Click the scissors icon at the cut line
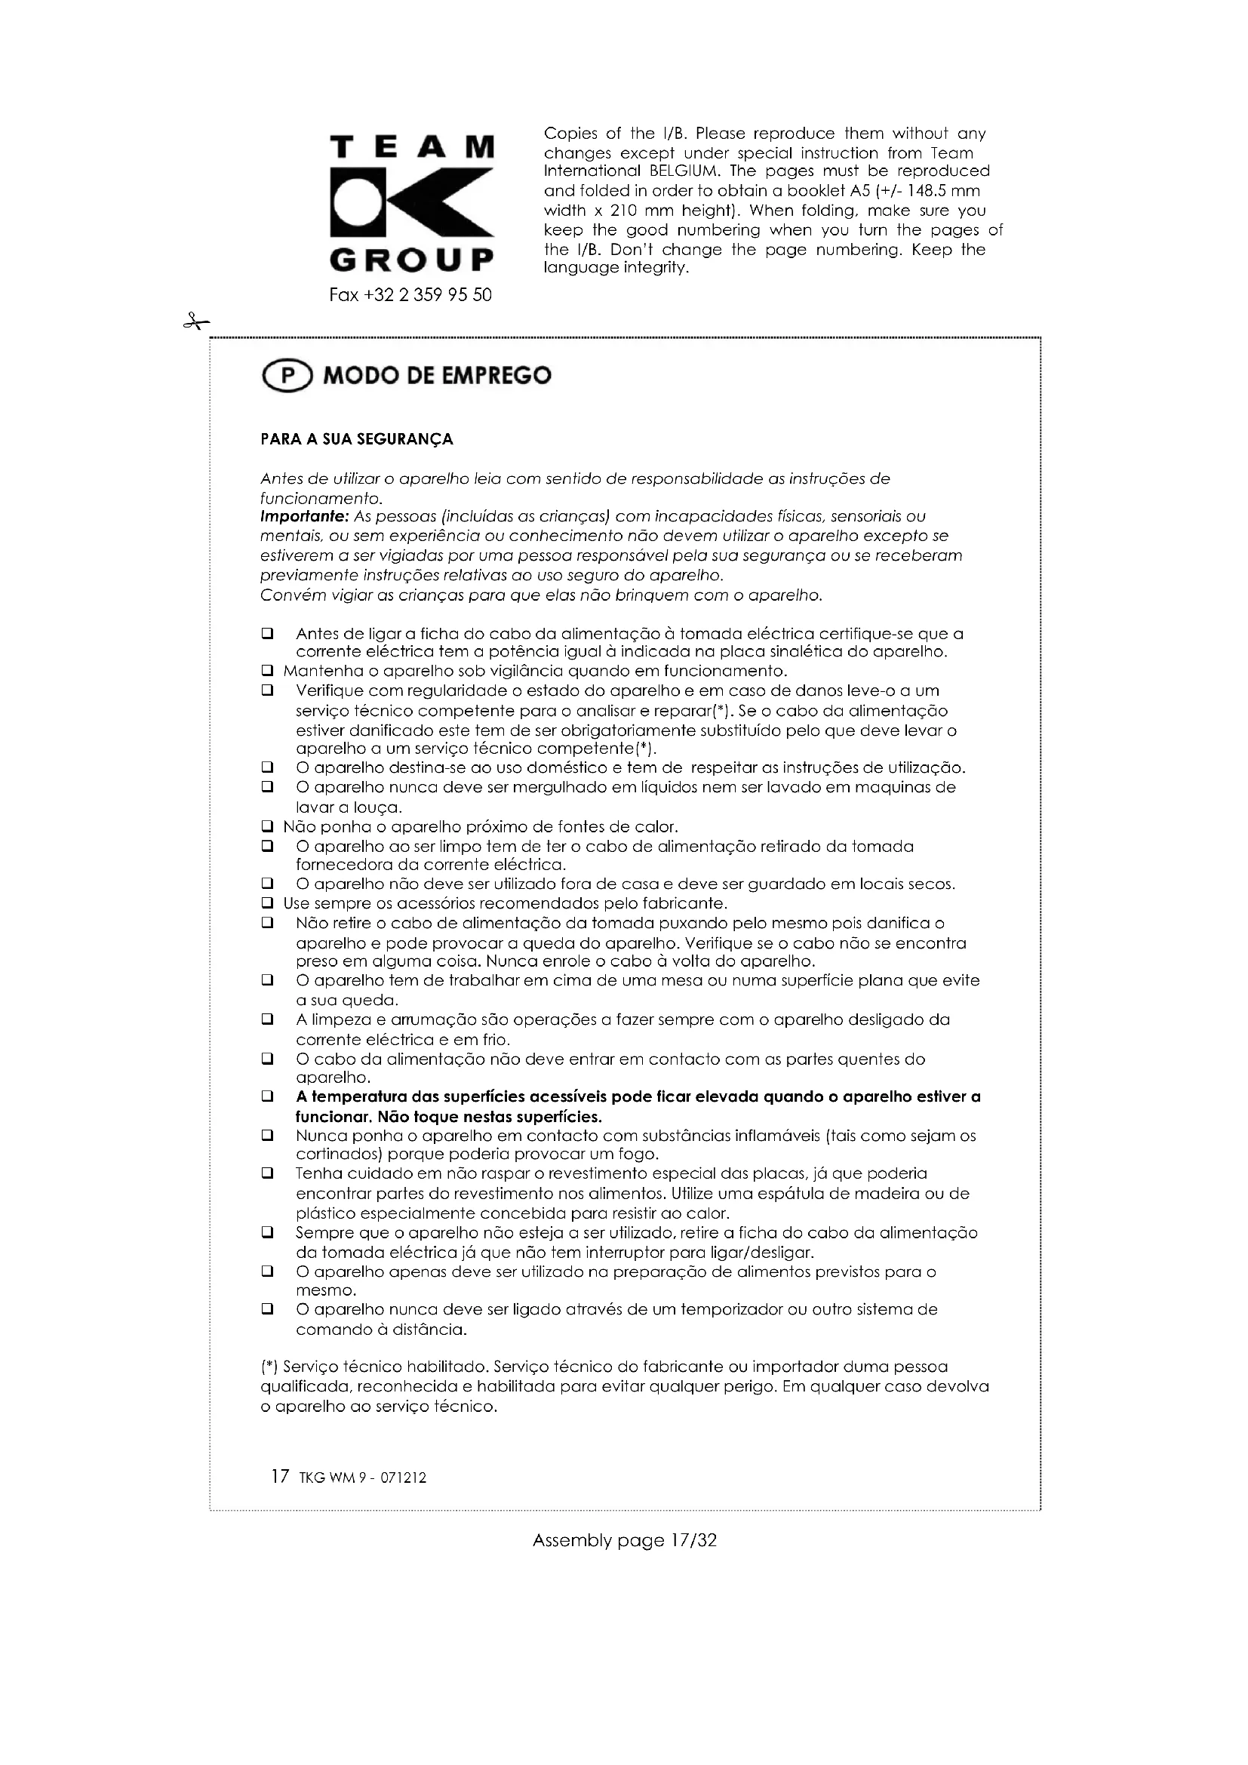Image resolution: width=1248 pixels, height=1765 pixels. [195, 322]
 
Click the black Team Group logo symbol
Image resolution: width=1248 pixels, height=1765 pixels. [411, 202]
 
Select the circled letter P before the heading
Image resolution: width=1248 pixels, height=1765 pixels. [287, 376]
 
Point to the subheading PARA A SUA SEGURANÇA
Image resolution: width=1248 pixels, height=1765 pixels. [357, 440]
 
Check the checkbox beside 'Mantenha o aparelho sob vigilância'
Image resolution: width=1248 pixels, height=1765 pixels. [267, 671]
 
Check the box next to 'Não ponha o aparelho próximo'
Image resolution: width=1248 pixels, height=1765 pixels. [267, 827]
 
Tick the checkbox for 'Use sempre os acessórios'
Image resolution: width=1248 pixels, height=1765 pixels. [267, 902]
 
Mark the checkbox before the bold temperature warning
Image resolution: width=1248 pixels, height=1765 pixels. [267, 1097]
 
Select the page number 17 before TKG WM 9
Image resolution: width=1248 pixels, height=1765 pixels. [280, 1477]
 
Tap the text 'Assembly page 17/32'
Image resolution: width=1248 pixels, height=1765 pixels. [624, 1541]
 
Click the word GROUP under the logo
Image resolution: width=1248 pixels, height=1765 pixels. [411, 260]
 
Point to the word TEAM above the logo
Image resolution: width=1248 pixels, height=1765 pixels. [411, 146]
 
